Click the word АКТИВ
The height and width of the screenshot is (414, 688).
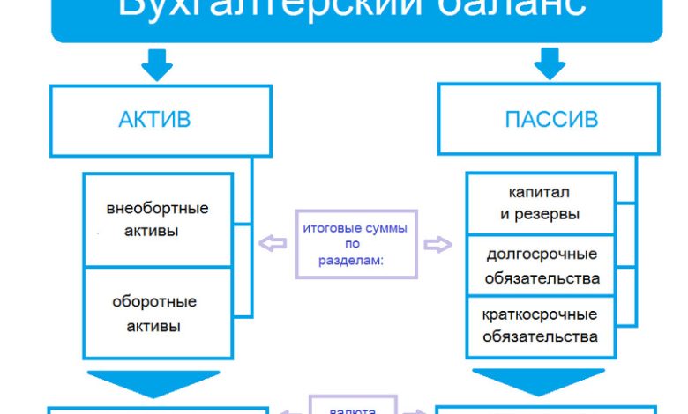click(x=153, y=119)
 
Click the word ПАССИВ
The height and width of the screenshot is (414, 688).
click(x=551, y=119)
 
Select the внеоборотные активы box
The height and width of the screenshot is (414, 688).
click(x=157, y=220)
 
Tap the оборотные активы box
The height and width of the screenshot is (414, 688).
click(x=157, y=314)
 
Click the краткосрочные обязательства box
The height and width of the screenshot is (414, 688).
click(x=540, y=325)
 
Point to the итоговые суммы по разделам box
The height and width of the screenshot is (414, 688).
click(x=355, y=244)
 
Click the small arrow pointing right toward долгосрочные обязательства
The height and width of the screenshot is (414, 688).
click(x=437, y=244)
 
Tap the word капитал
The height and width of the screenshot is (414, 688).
click(x=539, y=191)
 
